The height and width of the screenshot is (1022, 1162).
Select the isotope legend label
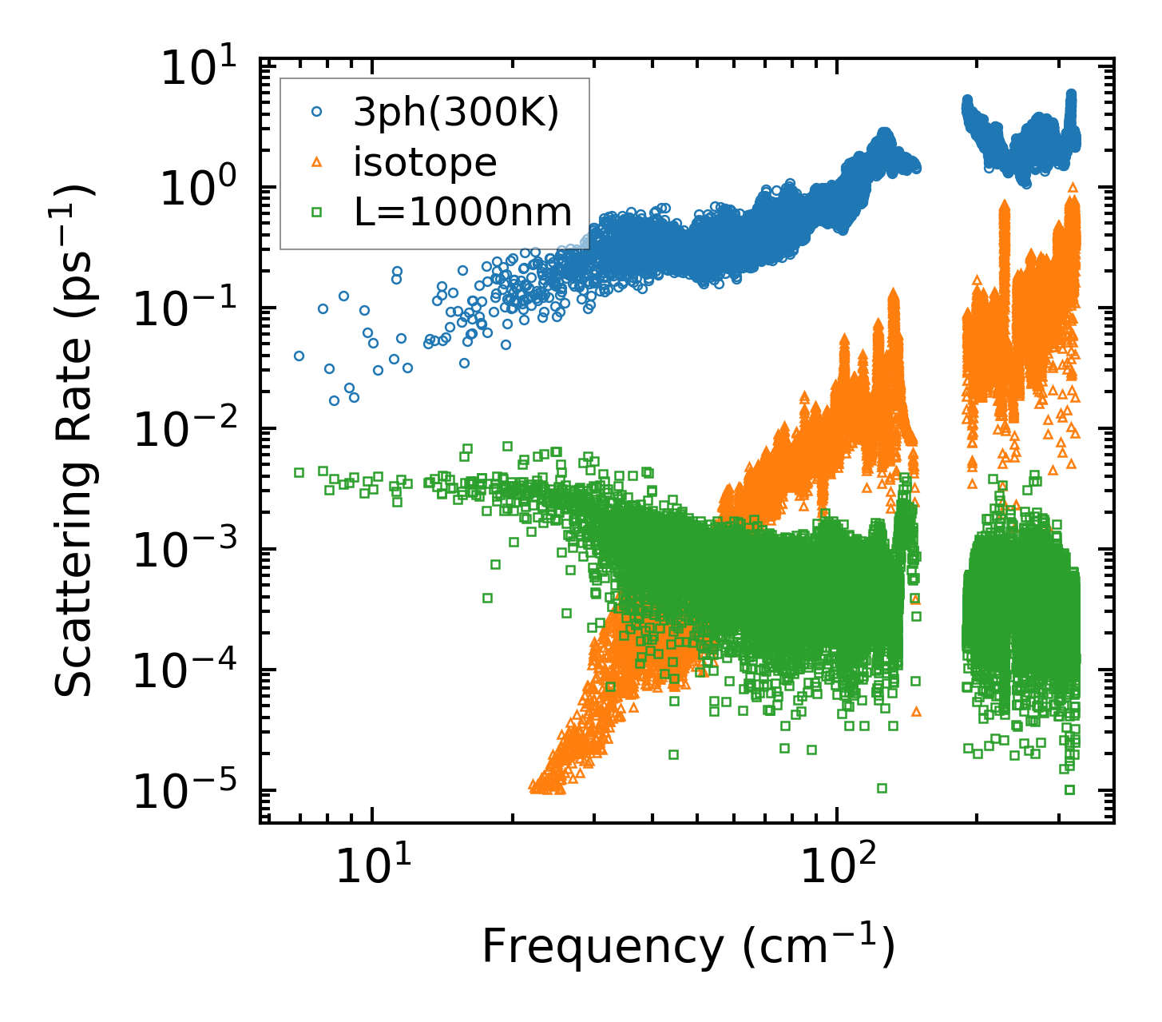pos(425,163)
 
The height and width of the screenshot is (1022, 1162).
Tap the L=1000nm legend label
pos(462,213)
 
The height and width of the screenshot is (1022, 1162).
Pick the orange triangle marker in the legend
pos(316,163)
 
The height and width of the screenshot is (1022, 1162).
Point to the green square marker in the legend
pos(316,213)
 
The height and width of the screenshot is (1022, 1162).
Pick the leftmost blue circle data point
pos(299,356)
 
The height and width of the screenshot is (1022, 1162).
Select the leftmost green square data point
pos(299,472)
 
